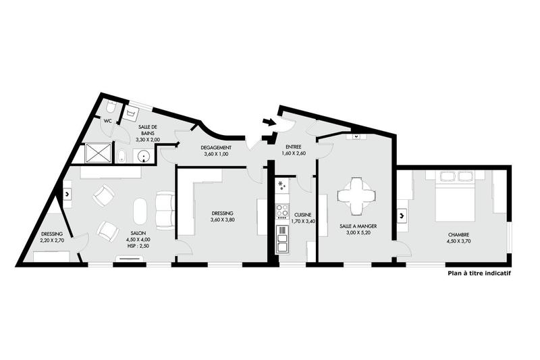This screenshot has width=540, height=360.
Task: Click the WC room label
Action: click(x=107, y=121)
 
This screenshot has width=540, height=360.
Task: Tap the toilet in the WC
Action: click(x=111, y=107)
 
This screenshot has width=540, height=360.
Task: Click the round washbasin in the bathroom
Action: click(x=144, y=156)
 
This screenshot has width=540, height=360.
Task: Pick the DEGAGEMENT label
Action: click(x=217, y=148)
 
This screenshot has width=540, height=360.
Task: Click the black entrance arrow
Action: click(x=269, y=122)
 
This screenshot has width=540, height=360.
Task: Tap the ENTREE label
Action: click(x=293, y=147)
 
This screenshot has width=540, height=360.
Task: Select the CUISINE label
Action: click(x=302, y=214)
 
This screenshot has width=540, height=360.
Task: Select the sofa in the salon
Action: click(x=165, y=211)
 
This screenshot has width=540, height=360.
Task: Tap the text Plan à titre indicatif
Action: click(x=479, y=274)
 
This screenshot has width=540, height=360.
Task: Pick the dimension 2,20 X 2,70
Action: click(x=51, y=240)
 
